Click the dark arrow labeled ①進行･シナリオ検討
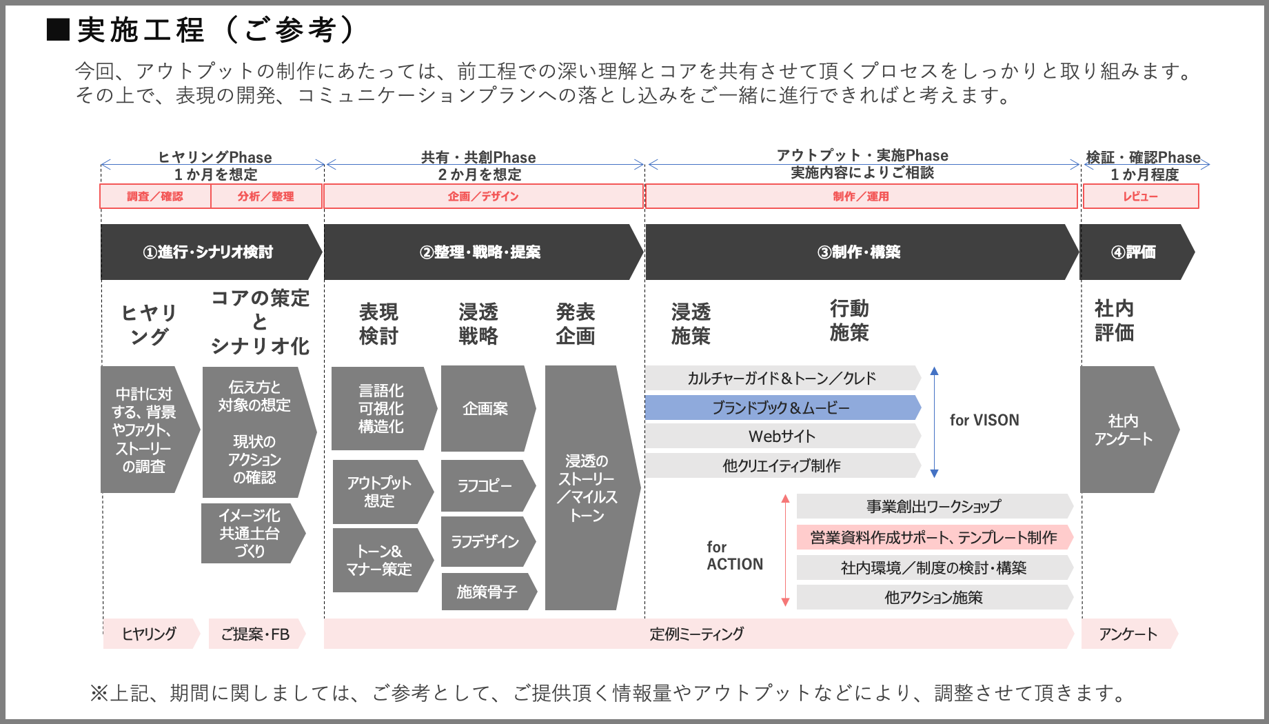click(209, 252)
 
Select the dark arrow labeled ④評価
click(1134, 252)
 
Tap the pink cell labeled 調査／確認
click(155, 197)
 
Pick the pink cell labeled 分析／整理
click(266, 197)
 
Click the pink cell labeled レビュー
click(1140, 197)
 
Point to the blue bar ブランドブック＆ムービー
click(781, 408)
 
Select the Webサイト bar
click(781, 436)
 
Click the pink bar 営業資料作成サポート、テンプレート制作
click(933, 537)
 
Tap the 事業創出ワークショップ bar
click(933, 507)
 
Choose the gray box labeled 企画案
click(485, 408)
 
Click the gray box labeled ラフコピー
click(485, 486)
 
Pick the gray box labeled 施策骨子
click(487, 592)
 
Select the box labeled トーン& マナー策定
click(379, 560)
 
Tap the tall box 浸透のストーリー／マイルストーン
click(587, 487)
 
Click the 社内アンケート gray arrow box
click(1124, 430)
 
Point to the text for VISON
click(984, 420)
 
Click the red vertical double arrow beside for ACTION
click(785, 550)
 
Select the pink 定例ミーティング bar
click(696, 634)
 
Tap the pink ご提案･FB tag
click(255, 634)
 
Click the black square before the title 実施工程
click(58, 30)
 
